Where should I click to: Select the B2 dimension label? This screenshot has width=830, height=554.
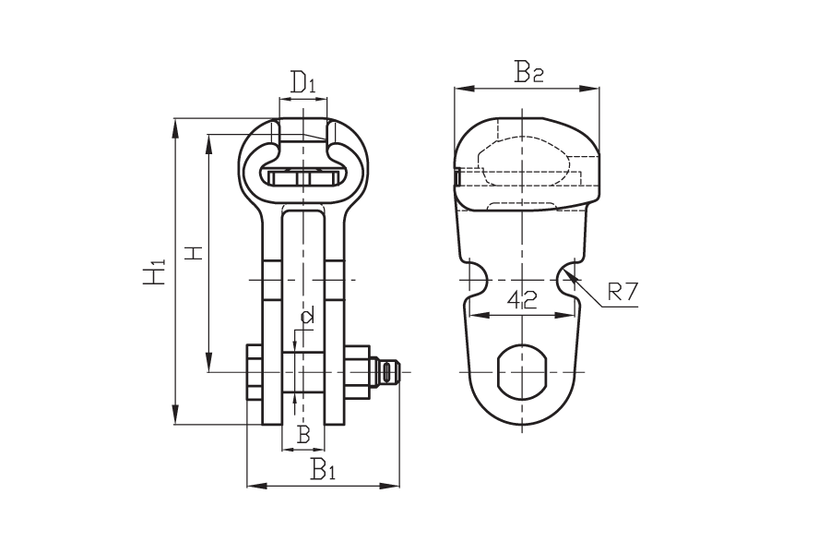click(x=528, y=73)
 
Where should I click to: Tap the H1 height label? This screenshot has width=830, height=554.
click(x=155, y=271)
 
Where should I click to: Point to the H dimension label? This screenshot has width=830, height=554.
click(x=196, y=253)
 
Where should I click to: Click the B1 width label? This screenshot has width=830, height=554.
click(x=324, y=469)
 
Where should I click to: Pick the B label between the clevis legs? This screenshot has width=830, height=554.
click(x=302, y=435)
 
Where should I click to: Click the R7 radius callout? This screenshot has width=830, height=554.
click(x=623, y=292)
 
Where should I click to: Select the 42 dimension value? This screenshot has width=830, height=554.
click(x=522, y=300)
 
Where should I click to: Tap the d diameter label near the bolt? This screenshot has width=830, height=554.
click(x=306, y=316)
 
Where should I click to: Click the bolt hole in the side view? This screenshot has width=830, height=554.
click(x=523, y=372)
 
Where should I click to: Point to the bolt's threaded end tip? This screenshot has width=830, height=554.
click(x=401, y=372)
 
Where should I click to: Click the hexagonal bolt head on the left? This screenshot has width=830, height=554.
click(x=255, y=372)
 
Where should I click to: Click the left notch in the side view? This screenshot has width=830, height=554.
click(x=478, y=280)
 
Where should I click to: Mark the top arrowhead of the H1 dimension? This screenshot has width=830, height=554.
click(x=176, y=119)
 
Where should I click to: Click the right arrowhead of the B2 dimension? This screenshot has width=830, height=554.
click(x=599, y=89)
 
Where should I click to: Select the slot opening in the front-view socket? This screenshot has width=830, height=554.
click(x=302, y=178)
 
